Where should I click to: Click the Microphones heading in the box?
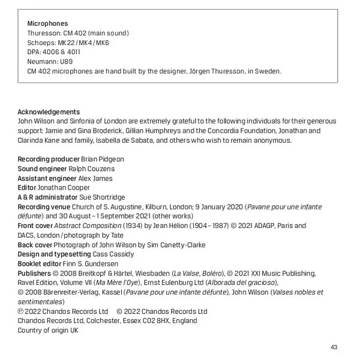[47, 23]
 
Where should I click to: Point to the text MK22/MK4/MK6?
[83, 43]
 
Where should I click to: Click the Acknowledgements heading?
[49, 112]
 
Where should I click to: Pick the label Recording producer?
[48, 159]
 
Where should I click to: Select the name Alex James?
[95, 178]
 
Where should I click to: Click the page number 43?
[334, 347]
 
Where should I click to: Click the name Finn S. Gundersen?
[89, 264]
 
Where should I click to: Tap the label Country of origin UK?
[48, 330]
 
